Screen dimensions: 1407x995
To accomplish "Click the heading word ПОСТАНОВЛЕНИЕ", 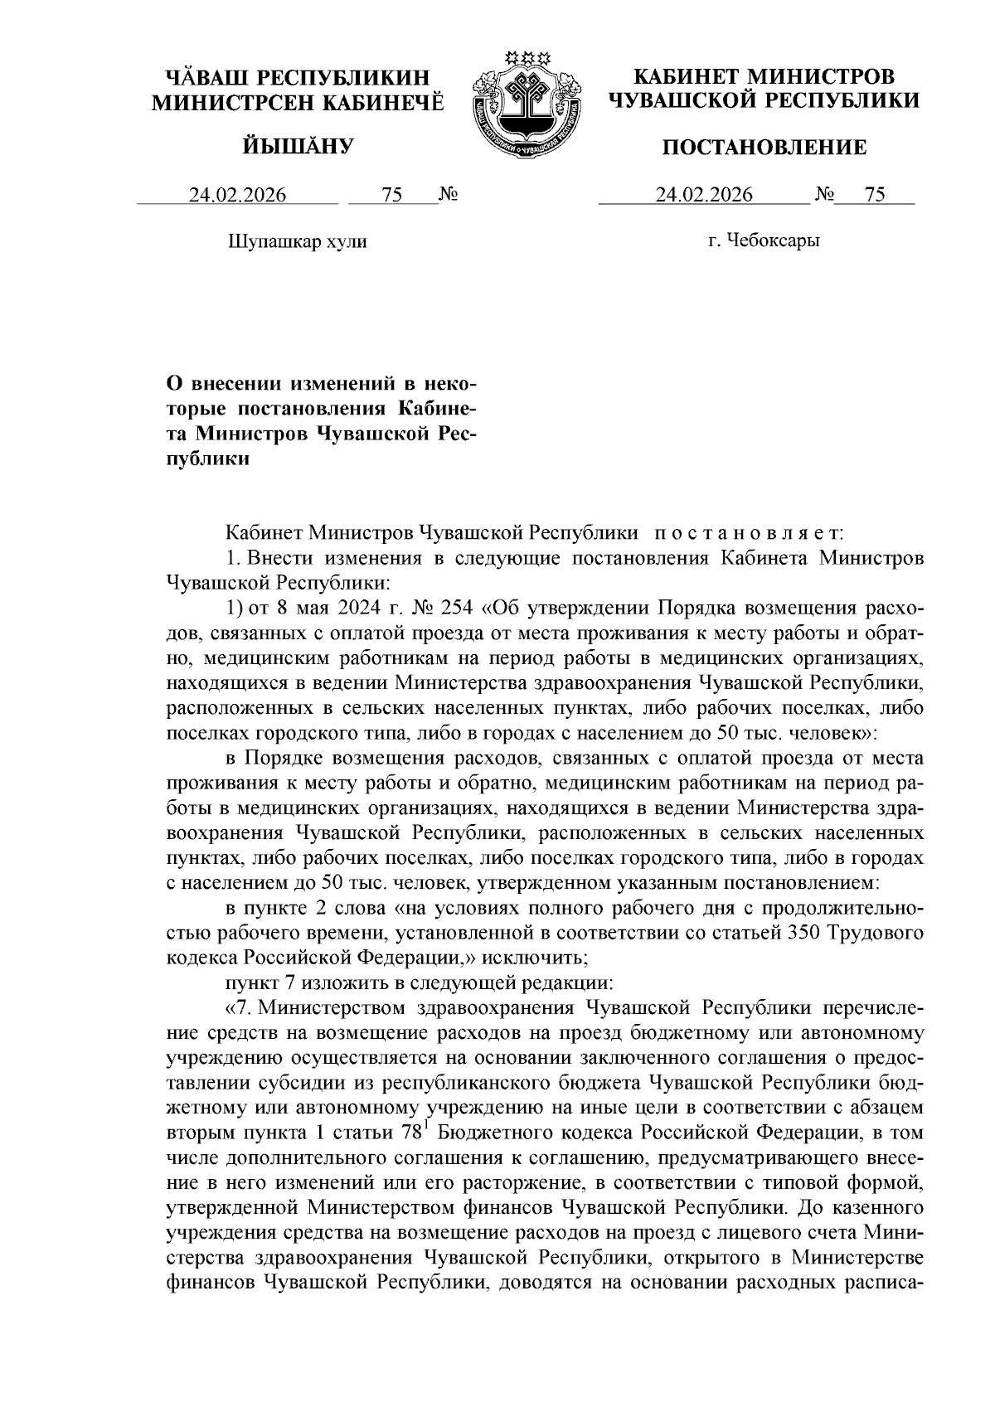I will tap(764, 148).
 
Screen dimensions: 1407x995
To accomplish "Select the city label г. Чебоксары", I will tap(764, 241).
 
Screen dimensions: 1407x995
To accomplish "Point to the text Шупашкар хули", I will tap(296, 242).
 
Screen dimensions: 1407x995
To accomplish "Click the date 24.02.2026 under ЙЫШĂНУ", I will tap(237, 196).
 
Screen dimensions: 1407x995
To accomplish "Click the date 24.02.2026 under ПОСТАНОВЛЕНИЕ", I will tap(704, 196).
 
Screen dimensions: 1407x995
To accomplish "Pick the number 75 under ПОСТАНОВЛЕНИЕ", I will tap(875, 196).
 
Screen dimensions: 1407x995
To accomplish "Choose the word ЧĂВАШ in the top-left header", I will tap(206, 79).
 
